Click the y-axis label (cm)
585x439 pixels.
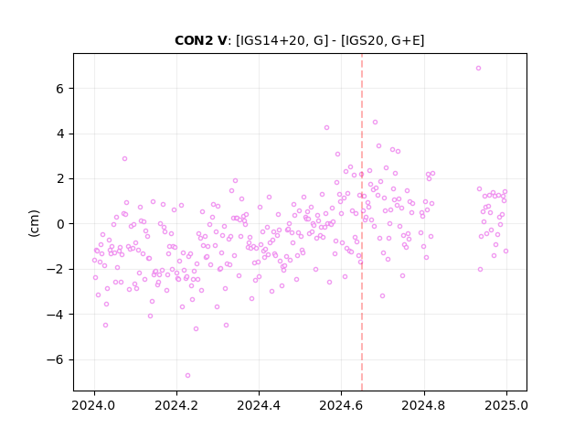[x=34, y=223]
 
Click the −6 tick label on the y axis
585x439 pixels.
[x=55, y=359]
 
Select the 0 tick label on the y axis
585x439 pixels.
[x=59, y=224]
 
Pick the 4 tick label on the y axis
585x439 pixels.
[x=59, y=134]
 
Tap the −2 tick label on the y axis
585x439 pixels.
[x=55, y=269]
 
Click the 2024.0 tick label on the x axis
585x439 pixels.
[x=94, y=405]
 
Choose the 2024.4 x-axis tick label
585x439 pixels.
[x=259, y=405]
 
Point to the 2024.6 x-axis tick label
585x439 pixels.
[x=341, y=405]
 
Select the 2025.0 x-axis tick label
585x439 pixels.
[x=506, y=405]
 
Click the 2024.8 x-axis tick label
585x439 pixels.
[x=424, y=405]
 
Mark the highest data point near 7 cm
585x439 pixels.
[x=478, y=68]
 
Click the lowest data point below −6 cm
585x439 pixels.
[x=187, y=375]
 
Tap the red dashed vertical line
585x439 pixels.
[x=362, y=222]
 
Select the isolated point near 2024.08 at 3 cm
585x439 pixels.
[x=124, y=158]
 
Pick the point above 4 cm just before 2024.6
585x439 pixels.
[x=327, y=127]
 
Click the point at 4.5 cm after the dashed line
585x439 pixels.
[x=375, y=122]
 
